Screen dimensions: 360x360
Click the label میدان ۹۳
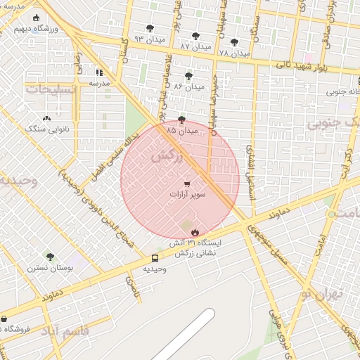(x=150, y=39)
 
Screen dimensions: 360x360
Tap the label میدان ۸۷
(x=195, y=46)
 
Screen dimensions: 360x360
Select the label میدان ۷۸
(x=234, y=53)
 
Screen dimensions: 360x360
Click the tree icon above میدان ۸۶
(x=188, y=75)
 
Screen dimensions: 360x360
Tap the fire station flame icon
(x=194, y=231)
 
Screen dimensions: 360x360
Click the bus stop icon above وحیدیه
(x=155, y=258)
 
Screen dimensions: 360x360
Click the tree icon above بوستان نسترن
(x=49, y=256)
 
